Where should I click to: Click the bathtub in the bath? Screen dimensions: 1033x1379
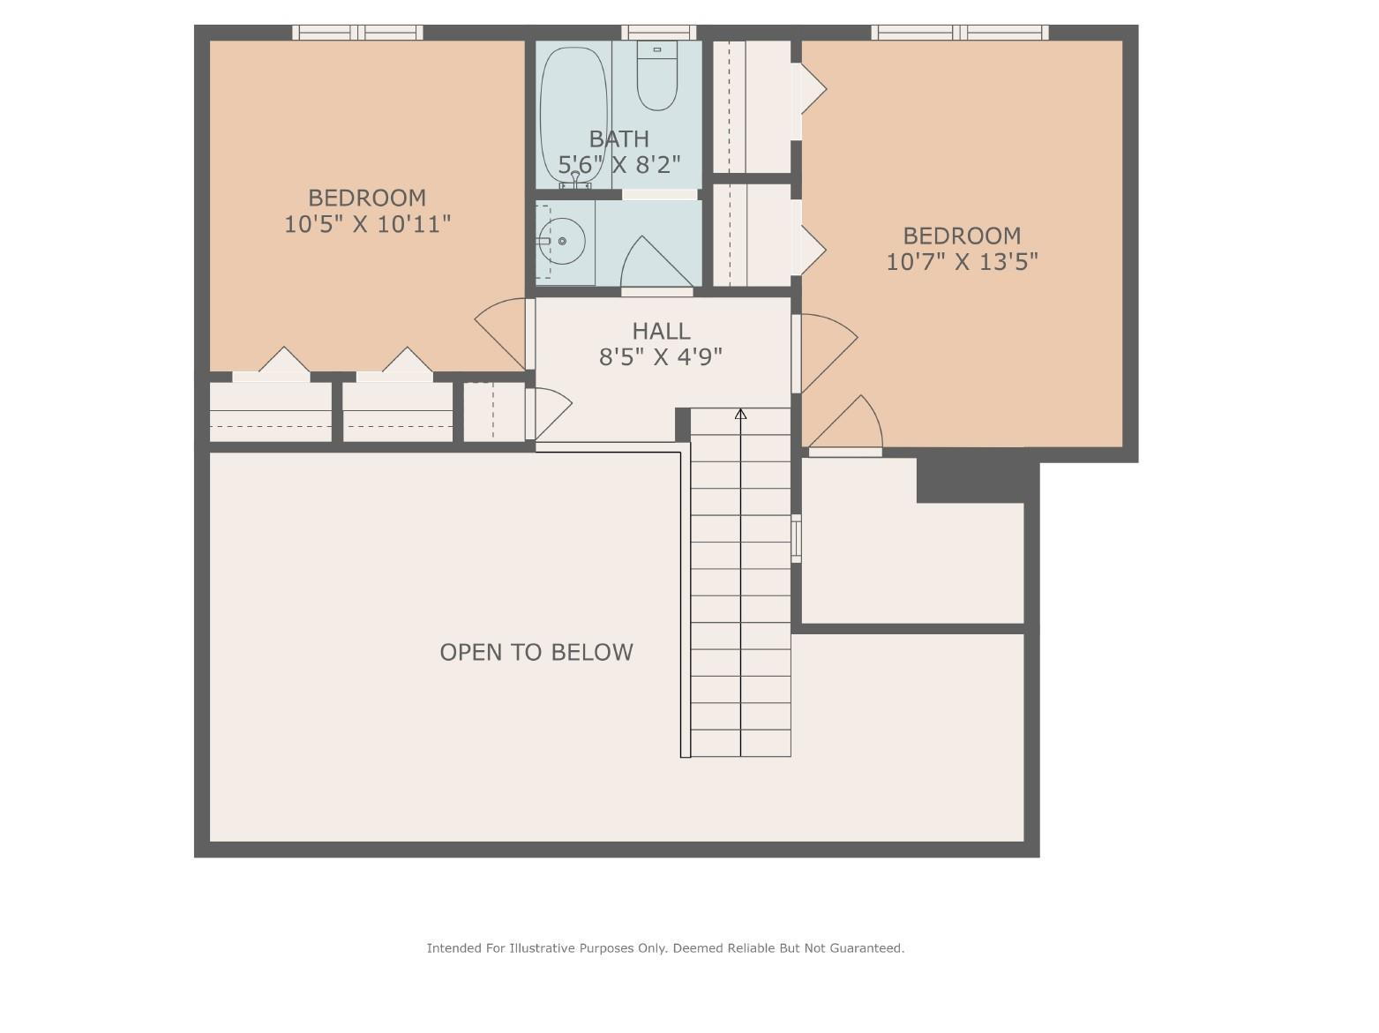pyautogui.click(x=573, y=115)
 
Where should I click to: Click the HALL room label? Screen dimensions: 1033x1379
pyautogui.click(x=661, y=331)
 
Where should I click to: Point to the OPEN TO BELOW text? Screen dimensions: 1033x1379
pyautogui.click(x=536, y=652)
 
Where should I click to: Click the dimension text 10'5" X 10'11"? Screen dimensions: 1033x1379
pyautogui.click(x=367, y=224)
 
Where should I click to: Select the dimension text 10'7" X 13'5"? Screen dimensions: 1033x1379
pyautogui.click(x=962, y=262)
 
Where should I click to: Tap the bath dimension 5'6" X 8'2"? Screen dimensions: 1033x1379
pyautogui.click(x=618, y=165)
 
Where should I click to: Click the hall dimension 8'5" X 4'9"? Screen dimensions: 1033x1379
pyautogui.click(x=661, y=356)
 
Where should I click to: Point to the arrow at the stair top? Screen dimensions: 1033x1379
pyautogui.click(x=740, y=414)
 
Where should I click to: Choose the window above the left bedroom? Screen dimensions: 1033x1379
pyautogui.click(x=357, y=33)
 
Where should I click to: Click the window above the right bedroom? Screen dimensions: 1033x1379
pyautogui.click(x=960, y=33)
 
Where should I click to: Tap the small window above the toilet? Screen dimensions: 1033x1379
pyautogui.click(x=658, y=33)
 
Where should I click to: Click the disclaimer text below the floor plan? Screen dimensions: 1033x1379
pyautogui.click(x=665, y=948)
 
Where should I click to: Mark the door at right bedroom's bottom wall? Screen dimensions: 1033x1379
pyautogui.click(x=847, y=428)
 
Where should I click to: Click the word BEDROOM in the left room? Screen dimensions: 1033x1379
pyautogui.click(x=367, y=198)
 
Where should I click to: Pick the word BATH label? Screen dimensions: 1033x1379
pyautogui.click(x=618, y=138)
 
